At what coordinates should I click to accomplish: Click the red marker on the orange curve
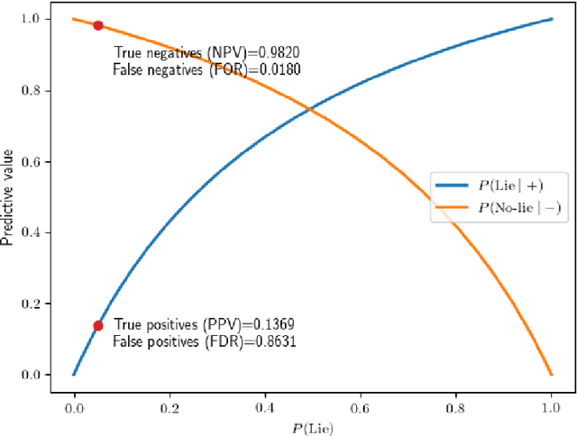tap(97, 25)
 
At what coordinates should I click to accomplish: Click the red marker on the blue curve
tap(97, 326)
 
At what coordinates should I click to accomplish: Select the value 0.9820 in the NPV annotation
tap(278, 53)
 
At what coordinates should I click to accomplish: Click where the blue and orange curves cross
tap(310, 110)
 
